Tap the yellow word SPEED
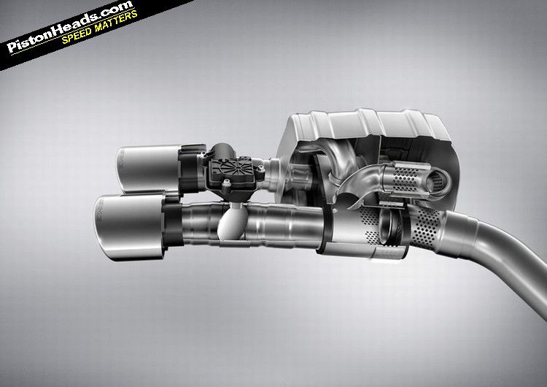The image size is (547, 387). [77, 34]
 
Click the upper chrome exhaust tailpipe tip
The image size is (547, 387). [148, 169]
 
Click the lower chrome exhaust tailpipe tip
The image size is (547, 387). [129, 227]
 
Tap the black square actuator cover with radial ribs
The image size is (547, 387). [230, 171]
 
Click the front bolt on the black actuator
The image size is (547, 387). [228, 183]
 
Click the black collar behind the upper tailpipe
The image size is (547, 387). [191, 169]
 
